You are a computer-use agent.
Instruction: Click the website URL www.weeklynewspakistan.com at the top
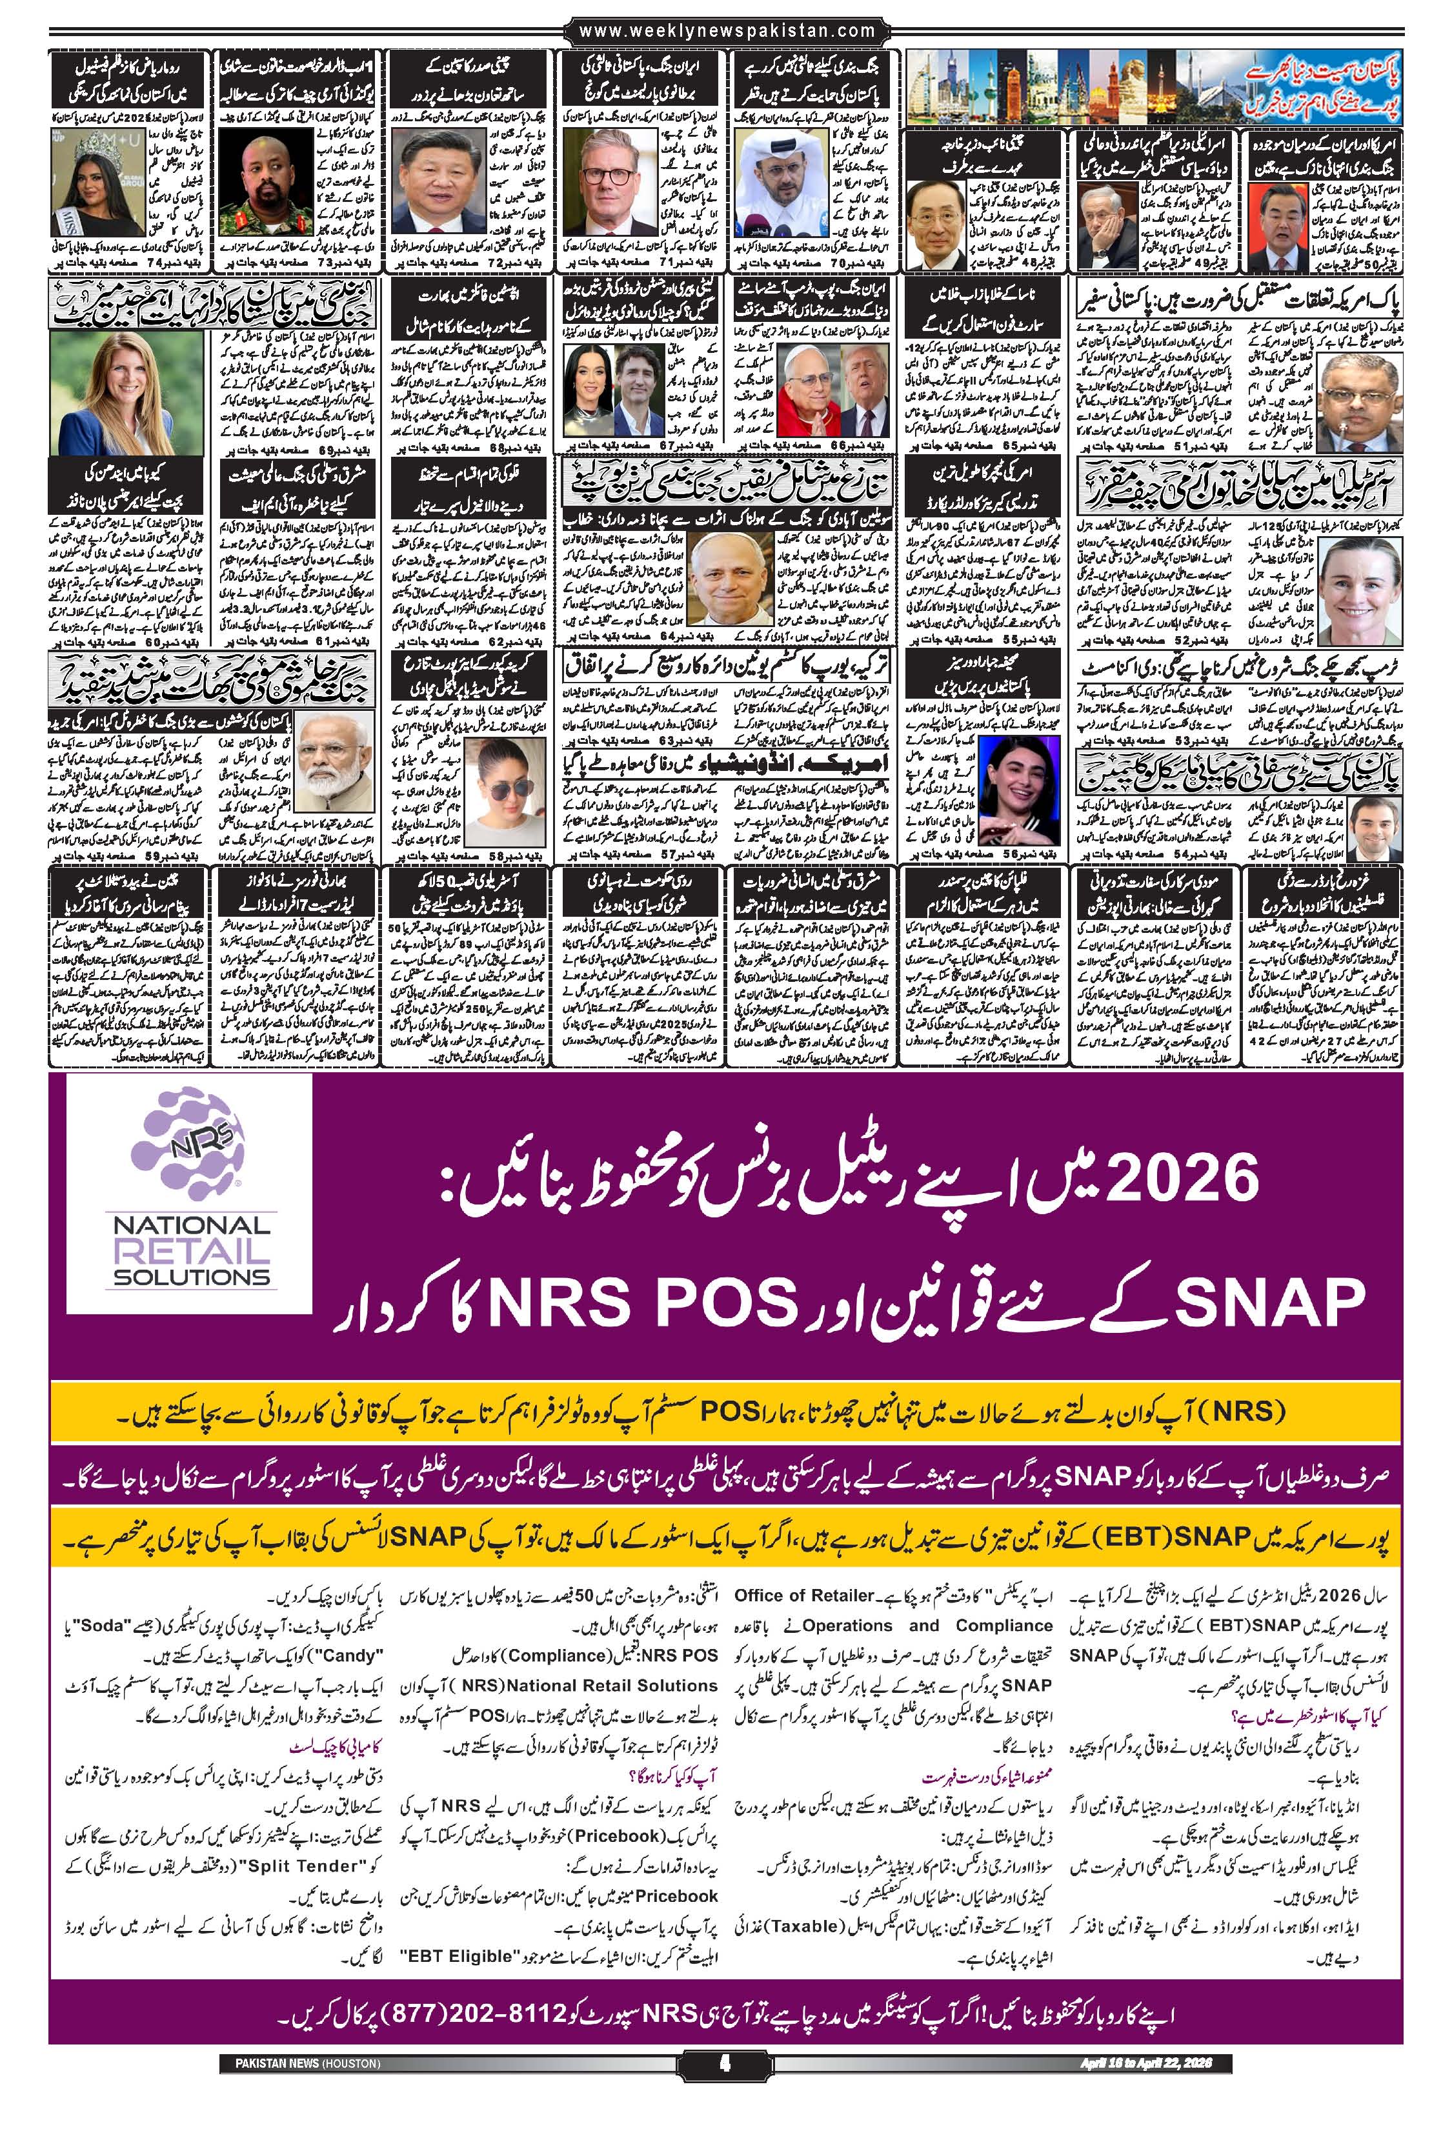pyautogui.click(x=729, y=31)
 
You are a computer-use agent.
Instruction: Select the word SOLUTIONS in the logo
pyautogui.click(x=190, y=1277)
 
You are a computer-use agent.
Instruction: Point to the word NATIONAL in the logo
pyautogui.click(x=190, y=1226)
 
